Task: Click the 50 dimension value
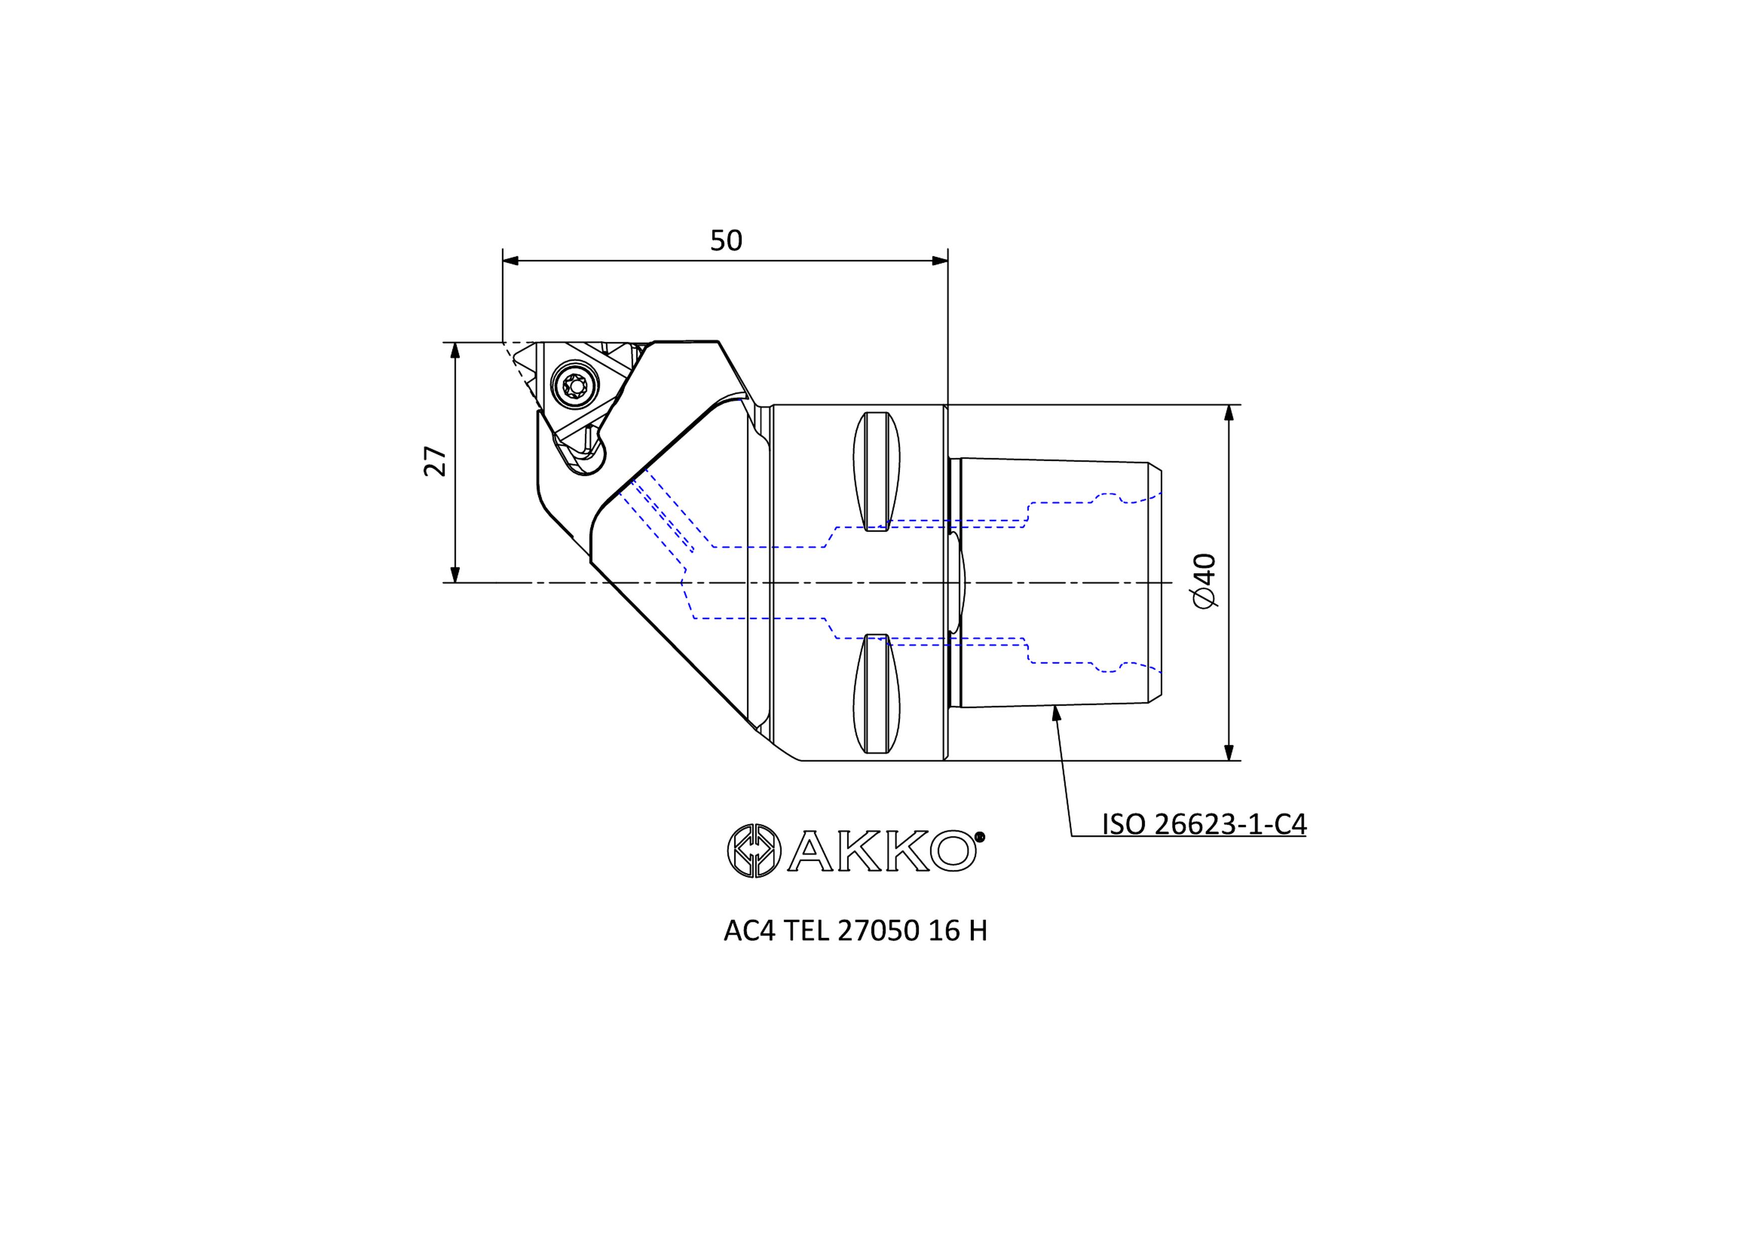(726, 240)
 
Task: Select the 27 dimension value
(435, 461)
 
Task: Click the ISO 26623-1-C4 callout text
(1204, 824)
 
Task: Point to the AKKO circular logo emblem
(754, 851)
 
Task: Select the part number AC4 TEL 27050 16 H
(855, 930)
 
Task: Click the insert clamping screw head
(575, 383)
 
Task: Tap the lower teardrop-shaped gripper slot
(877, 693)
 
